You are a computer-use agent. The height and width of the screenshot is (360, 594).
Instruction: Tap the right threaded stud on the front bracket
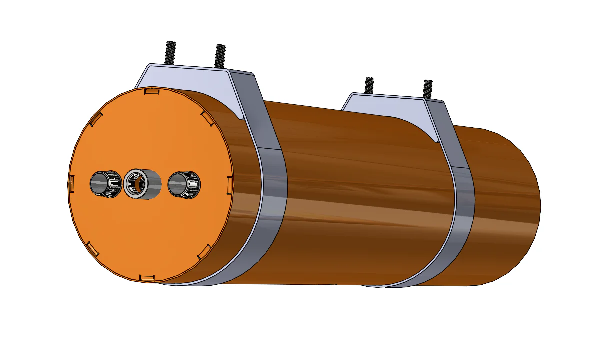point(220,56)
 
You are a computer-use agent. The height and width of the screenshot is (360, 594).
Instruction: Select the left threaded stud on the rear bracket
point(369,85)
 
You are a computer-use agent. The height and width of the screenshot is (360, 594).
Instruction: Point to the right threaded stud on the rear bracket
point(427,89)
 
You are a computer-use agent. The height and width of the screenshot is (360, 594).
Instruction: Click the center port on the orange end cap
point(142,183)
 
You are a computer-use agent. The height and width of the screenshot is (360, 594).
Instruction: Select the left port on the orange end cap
point(105,184)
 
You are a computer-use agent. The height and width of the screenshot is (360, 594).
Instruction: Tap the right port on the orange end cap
point(184,184)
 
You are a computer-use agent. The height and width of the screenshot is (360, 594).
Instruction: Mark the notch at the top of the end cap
point(151,91)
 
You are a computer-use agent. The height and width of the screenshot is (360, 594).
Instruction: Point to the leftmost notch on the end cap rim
point(71,183)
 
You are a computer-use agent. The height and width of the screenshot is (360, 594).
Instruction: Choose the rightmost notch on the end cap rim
point(230,183)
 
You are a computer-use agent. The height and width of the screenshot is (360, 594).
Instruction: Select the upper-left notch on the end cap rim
point(96,119)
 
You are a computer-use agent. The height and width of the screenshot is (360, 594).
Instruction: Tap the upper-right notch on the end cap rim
point(207,117)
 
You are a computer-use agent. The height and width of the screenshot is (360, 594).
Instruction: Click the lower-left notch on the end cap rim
point(92,248)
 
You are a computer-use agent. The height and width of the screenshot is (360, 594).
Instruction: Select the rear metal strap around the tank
point(463,210)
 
